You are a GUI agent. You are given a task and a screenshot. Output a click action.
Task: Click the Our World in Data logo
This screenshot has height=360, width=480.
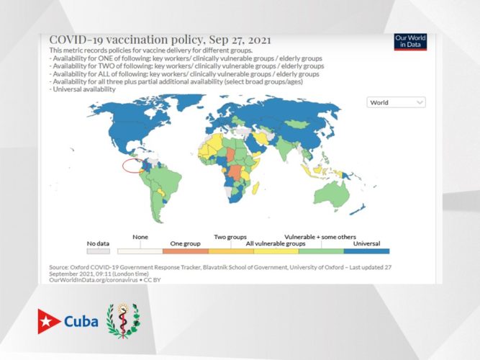(x=410, y=42)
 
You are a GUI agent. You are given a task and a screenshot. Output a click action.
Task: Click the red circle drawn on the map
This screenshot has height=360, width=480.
(x=132, y=166)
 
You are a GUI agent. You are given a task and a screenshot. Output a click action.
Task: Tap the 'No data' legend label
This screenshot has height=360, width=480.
(x=97, y=243)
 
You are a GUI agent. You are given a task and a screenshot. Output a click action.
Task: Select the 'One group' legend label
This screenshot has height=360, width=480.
(x=184, y=243)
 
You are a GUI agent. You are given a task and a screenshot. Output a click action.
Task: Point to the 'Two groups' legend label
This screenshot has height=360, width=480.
(x=230, y=236)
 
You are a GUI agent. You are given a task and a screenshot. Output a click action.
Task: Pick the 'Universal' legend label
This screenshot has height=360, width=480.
(x=366, y=243)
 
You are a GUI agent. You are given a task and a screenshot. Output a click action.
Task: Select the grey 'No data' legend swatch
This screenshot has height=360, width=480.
(x=98, y=251)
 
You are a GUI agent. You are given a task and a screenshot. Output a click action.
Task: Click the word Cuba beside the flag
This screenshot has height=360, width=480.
(x=81, y=320)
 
